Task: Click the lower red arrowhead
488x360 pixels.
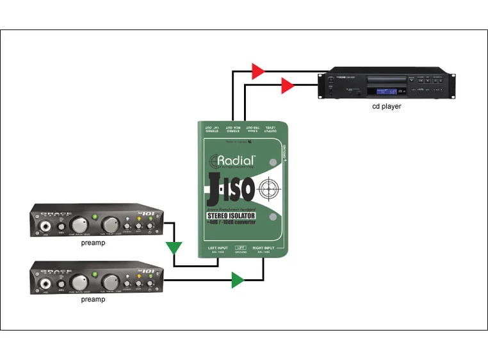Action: point(288,85)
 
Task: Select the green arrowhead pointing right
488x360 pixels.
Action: point(238,279)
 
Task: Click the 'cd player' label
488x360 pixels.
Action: point(387,106)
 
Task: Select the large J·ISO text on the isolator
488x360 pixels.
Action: point(233,189)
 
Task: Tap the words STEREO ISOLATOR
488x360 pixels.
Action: point(230,217)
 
